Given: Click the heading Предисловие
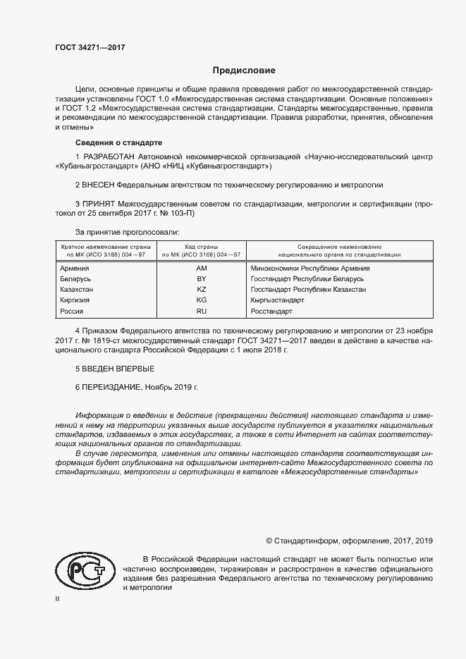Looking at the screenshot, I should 245,70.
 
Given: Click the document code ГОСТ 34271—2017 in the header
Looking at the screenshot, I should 91,48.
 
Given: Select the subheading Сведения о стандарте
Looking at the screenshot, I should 118,142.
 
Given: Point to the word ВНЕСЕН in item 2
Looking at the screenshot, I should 99,185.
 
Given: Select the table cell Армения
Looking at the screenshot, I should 75,268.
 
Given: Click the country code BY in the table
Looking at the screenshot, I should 201,279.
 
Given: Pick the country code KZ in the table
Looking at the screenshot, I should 201,290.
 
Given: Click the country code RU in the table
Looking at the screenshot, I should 201,311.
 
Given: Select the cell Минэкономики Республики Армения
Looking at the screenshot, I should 310,268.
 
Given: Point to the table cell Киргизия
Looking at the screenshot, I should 75,300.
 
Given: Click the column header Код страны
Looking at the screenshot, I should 201,247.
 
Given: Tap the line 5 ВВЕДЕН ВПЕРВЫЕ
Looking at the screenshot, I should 114,369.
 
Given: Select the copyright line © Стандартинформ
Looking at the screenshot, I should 349,541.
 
